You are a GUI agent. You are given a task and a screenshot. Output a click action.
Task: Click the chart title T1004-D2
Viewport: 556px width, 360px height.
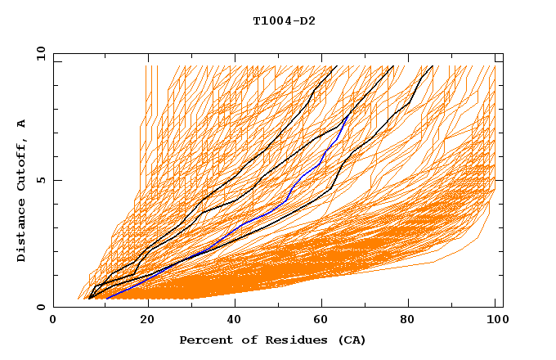pyautogui.click(x=284, y=20)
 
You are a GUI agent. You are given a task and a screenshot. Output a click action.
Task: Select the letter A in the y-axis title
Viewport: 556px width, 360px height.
pyautogui.click(x=22, y=124)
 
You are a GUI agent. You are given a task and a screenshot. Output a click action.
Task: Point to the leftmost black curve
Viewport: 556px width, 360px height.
pyautogui.click(x=237, y=172)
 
